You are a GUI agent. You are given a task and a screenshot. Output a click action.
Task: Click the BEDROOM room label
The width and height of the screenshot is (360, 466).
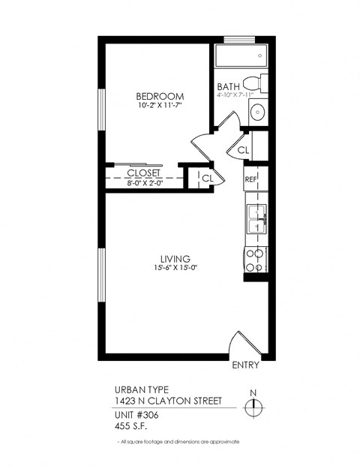click(x=160, y=96)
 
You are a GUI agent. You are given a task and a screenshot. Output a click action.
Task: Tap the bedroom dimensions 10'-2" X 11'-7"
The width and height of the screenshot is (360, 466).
click(x=160, y=107)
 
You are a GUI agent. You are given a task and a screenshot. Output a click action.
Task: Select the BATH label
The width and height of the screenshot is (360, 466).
click(x=229, y=86)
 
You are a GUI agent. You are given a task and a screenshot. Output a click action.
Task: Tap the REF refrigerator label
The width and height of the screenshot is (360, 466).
click(x=251, y=179)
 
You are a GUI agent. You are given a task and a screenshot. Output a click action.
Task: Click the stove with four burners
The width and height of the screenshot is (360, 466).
click(x=256, y=259)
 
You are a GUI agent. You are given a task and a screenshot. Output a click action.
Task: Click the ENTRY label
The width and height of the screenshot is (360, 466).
click(x=246, y=366)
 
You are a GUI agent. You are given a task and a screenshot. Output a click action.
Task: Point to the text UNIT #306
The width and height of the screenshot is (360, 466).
click(x=137, y=413)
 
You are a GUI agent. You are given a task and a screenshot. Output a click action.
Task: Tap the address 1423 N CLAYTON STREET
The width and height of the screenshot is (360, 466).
click(x=167, y=401)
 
